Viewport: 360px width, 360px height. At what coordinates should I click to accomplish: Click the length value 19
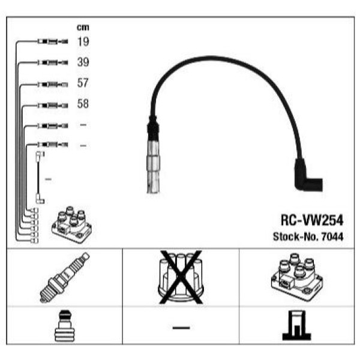(x=83, y=41)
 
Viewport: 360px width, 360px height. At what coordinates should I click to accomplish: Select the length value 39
(x=83, y=62)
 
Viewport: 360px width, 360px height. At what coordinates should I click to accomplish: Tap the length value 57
(x=83, y=83)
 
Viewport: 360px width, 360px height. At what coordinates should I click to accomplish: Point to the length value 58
(x=83, y=104)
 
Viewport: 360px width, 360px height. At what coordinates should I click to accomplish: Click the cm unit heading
(x=83, y=28)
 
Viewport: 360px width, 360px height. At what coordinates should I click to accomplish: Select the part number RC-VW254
(x=312, y=220)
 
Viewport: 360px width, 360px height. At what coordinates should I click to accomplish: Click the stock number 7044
(x=332, y=237)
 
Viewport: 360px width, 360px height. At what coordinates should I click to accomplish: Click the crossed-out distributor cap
(x=181, y=277)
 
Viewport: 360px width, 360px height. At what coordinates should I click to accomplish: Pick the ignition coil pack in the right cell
(x=297, y=277)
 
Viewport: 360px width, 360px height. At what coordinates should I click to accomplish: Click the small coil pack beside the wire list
(x=72, y=224)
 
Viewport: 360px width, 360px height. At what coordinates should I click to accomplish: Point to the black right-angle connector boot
(x=308, y=175)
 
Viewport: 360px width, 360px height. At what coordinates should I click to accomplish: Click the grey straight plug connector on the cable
(x=152, y=166)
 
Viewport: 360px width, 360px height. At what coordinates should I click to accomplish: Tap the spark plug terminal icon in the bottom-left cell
(x=65, y=326)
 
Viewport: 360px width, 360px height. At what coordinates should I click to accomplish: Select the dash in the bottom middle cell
(x=181, y=328)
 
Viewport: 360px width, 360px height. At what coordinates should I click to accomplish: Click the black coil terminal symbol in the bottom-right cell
(x=296, y=325)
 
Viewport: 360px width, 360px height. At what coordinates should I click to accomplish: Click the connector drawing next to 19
(x=53, y=41)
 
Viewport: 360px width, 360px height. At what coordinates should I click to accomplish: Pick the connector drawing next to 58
(x=53, y=106)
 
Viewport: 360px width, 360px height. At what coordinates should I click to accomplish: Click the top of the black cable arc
(x=209, y=57)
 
